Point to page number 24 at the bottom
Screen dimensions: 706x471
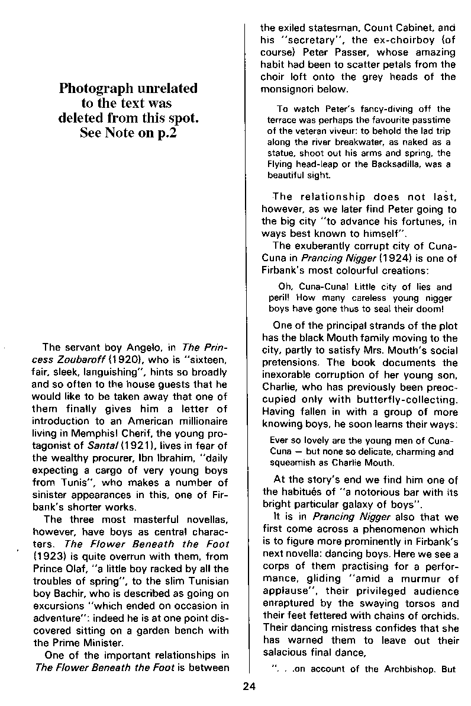pyautogui.click(x=249, y=687)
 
